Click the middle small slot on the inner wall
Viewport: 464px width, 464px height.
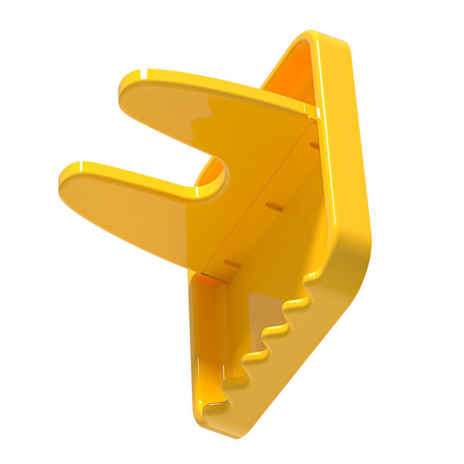point(274,207)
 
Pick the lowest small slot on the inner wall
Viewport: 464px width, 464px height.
point(232,265)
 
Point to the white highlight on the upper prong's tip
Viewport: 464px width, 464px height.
point(141,73)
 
